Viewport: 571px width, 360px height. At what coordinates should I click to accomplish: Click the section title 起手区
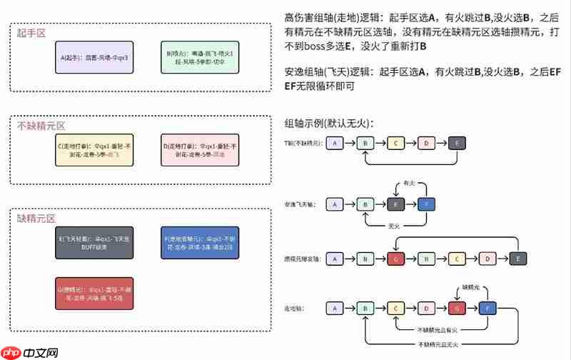(x=32, y=34)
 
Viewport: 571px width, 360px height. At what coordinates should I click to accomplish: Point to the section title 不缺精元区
(x=41, y=126)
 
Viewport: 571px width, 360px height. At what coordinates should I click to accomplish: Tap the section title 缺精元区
(x=36, y=217)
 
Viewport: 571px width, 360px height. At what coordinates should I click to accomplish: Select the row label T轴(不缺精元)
(x=302, y=144)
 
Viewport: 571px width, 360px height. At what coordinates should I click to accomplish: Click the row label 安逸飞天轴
(x=301, y=205)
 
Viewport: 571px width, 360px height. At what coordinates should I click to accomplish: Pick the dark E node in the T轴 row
(x=457, y=144)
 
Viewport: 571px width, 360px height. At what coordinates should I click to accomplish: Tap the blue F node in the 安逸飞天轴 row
(x=427, y=204)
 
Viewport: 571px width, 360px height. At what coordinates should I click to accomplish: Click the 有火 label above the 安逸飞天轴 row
(x=409, y=183)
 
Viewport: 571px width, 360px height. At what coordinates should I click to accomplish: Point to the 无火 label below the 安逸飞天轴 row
(x=393, y=226)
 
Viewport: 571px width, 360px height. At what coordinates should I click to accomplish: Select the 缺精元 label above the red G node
(x=474, y=286)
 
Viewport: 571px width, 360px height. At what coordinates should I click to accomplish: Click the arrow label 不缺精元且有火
(x=437, y=329)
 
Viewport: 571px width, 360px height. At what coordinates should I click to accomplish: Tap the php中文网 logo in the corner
(x=32, y=352)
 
